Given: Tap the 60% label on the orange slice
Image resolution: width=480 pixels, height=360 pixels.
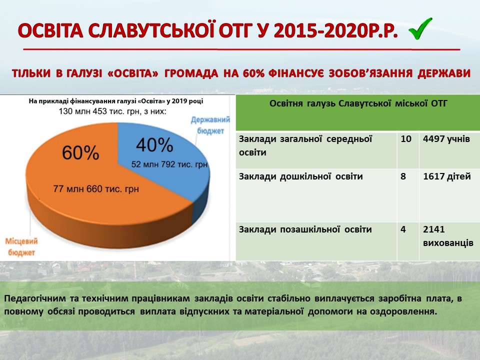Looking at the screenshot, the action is (x=80, y=153).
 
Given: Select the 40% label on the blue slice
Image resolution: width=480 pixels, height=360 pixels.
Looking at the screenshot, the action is (x=154, y=145).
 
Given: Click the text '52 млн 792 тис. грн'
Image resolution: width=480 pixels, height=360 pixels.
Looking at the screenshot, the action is (x=169, y=164).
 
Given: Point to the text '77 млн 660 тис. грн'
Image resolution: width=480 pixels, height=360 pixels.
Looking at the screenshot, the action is (x=96, y=189).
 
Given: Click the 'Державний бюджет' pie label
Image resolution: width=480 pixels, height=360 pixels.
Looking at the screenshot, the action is (x=210, y=125).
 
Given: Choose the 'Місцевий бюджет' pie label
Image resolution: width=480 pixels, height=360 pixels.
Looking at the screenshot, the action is (x=21, y=247).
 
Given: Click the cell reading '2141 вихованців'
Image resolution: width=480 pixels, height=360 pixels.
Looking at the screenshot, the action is (x=448, y=236).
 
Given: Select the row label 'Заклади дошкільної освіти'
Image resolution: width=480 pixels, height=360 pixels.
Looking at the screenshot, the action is (x=300, y=176).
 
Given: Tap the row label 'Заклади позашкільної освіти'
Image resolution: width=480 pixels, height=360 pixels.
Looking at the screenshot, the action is (x=305, y=229).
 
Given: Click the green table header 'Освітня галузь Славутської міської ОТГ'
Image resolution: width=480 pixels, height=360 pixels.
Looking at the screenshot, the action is (x=358, y=103).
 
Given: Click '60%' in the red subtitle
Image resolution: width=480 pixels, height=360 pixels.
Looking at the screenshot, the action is (x=254, y=73).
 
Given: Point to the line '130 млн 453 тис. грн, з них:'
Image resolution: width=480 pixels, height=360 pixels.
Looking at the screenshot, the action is (x=112, y=111).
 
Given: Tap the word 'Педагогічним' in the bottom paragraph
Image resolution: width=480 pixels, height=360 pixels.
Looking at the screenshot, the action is (x=35, y=299).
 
